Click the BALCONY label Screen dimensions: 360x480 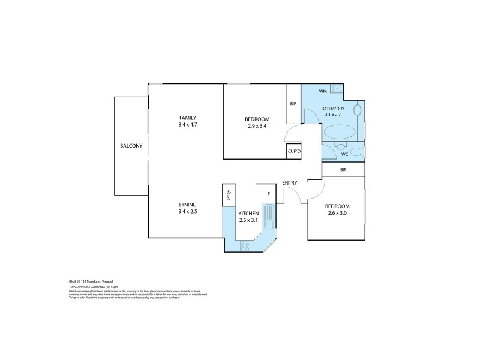pyautogui.click(x=130, y=146)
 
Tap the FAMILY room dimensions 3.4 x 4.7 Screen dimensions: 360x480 pyautogui.click(x=187, y=125)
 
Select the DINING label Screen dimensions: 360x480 pyautogui.click(x=187, y=204)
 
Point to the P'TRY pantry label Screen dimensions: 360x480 pyautogui.click(x=228, y=195)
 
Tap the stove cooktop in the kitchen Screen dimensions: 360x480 pyautogui.click(x=245, y=245)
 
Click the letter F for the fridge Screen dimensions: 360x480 pyautogui.click(x=268, y=193)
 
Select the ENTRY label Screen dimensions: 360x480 pyautogui.click(x=290, y=183)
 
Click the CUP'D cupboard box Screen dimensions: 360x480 pyautogui.click(x=294, y=151)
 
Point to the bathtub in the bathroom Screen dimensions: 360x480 pyautogui.click(x=340, y=132)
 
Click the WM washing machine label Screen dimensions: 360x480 pyautogui.click(x=323, y=91)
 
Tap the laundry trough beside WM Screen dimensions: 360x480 pyautogui.click(x=337, y=90)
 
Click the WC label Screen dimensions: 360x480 pyautogui.click(x=344, y=155)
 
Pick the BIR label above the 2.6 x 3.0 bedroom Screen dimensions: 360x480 pyautogui.click(x=343, y=170)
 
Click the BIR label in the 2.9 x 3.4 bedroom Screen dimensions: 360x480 pyautogui.click(x=293, y=104)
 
